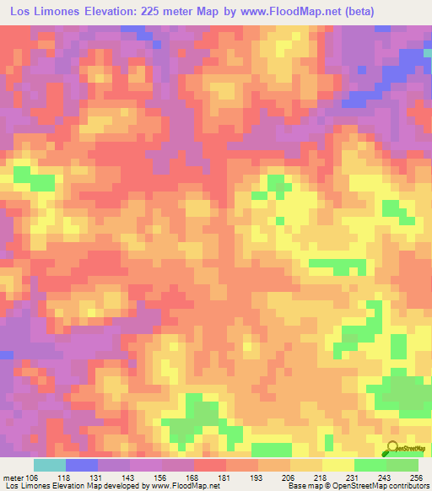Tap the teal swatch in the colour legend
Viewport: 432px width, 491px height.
coord(49,465)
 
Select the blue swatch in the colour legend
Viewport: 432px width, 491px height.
coord(81,465)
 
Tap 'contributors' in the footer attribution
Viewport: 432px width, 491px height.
coord(408,485)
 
